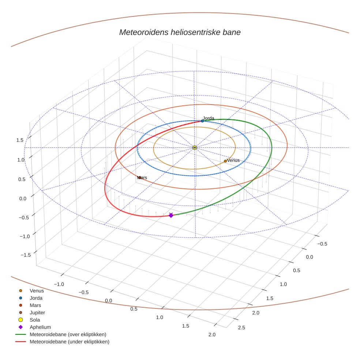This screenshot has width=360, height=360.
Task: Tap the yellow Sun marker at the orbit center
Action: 195,147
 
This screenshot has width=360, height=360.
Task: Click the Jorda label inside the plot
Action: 209,118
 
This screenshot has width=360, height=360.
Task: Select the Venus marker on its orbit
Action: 225,161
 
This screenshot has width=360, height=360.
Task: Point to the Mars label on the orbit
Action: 142,177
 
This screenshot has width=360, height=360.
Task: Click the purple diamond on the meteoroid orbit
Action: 171,215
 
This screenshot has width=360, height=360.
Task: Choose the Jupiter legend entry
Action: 37,312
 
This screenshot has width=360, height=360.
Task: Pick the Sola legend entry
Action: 35,320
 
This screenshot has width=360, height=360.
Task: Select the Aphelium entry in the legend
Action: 40,327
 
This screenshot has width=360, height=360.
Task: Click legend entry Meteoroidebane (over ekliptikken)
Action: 68,334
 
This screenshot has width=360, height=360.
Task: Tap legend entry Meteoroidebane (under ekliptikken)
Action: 70,342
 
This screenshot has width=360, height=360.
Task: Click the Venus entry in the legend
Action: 37,291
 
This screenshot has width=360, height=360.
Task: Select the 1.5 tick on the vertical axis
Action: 20,140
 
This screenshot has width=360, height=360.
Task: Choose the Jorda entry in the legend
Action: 36,298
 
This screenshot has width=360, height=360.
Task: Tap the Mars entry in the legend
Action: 35,305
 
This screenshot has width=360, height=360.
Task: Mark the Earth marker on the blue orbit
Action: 202,121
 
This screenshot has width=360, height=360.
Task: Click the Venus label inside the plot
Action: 233,160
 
